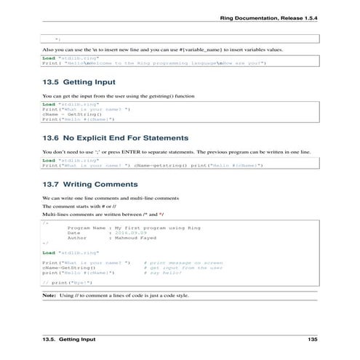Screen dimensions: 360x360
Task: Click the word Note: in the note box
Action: (49, 296)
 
